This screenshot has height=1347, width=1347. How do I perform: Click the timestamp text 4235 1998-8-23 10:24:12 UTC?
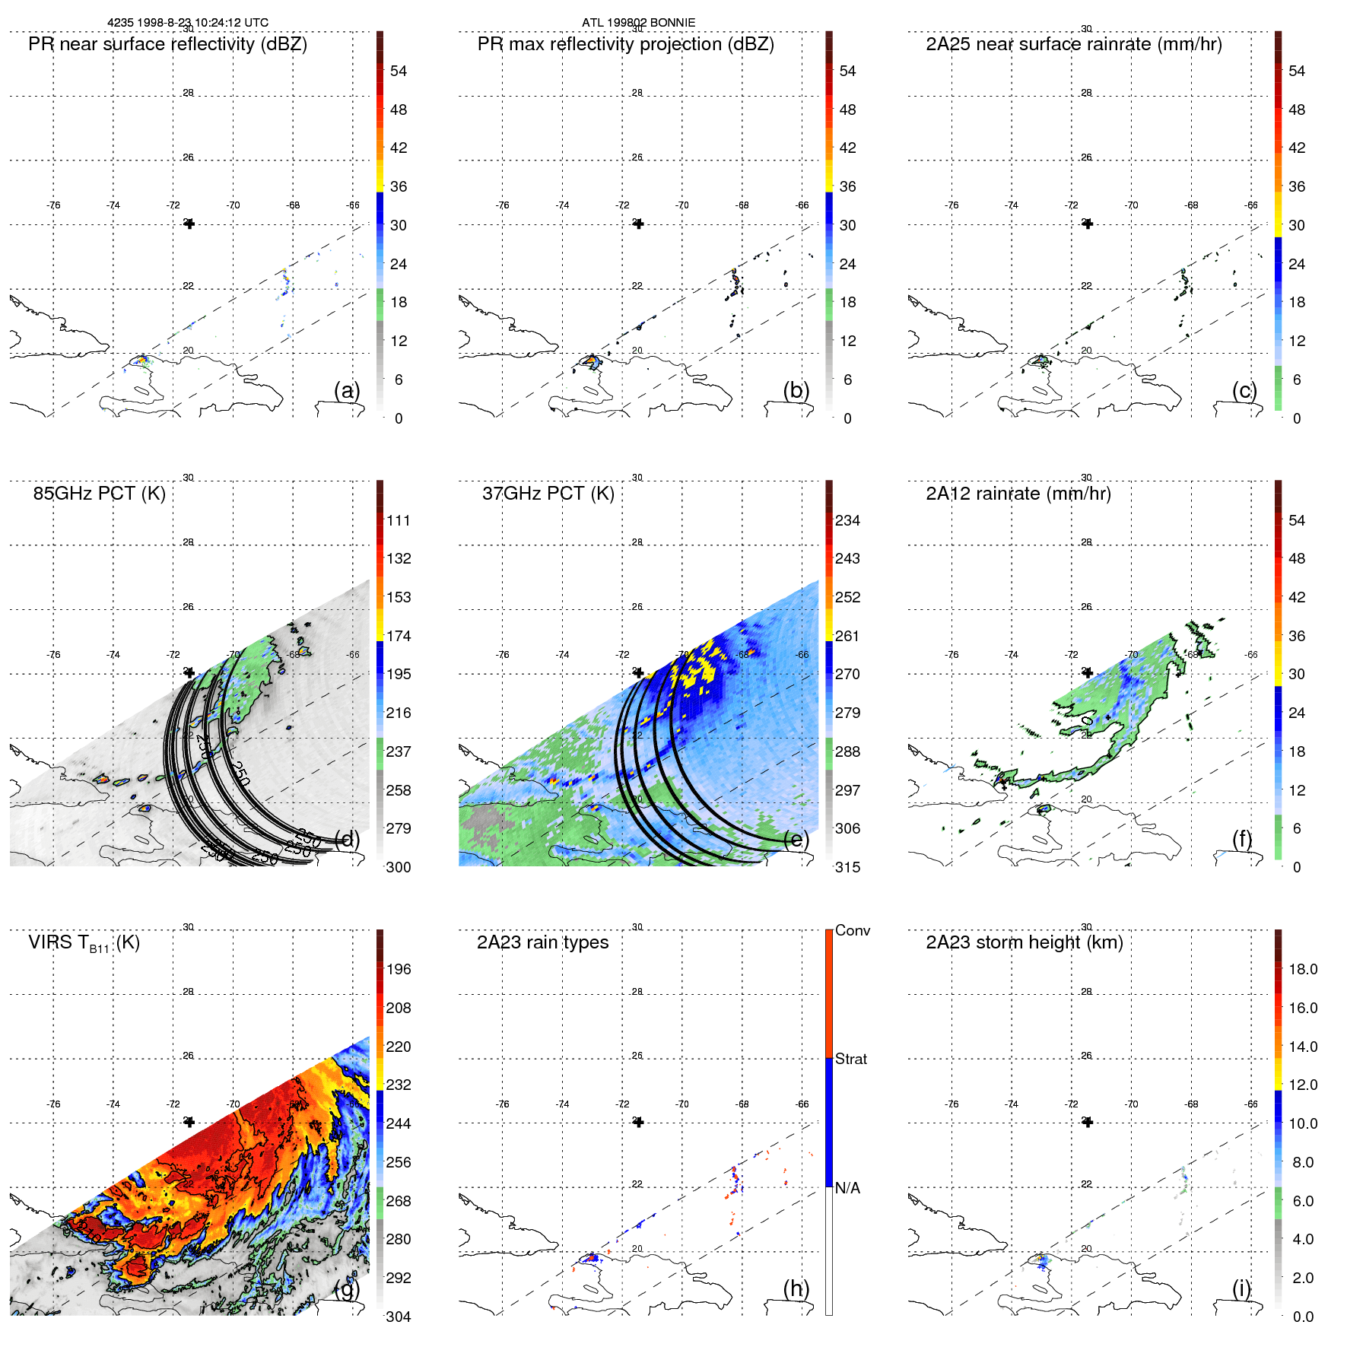pos(187,23)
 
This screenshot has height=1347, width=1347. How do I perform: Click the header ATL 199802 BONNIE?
pos(638,23)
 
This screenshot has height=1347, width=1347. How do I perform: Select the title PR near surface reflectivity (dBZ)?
pos(167,44)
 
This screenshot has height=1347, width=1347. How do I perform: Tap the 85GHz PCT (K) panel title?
pos(99,494)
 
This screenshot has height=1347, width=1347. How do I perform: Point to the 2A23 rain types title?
pos(542,942)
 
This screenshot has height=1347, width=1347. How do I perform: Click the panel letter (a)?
pos(347,391)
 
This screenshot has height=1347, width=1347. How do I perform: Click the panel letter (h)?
pos(796,1288)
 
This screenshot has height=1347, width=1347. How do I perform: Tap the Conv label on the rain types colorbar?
pos(853,931)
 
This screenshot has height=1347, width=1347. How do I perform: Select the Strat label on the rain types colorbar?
pos(851,1059)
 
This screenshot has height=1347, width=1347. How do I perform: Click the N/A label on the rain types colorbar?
pos(848,1188)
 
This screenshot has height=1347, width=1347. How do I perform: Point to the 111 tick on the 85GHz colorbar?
pos(399,521)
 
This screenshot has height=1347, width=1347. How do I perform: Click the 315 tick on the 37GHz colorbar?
pos(848,868)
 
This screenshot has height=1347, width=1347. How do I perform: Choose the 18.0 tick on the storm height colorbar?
pos(1303,970)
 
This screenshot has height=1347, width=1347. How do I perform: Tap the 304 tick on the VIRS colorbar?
pos(399,1317)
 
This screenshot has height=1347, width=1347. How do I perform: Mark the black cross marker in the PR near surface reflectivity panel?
pos(189,224)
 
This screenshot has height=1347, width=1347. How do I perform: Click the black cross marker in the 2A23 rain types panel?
pos(639,1122)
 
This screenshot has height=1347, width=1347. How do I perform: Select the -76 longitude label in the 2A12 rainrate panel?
pos(951,655)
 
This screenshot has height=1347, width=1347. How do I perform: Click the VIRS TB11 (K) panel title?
pos(84,943)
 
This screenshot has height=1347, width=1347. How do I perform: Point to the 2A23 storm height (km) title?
pos(1024,942)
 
